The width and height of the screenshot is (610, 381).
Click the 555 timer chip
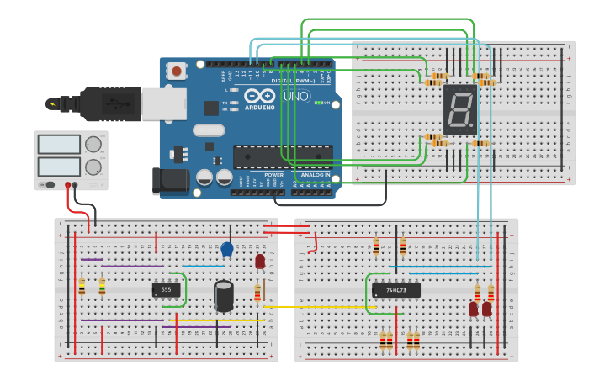pyautogui.click(x=166, y=289)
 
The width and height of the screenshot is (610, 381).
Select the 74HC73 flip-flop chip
pyautogui.click(x=395, y=291)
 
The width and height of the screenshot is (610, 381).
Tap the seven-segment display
pyautogui.click(x=460, y=109)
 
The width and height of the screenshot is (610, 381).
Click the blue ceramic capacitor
pyautogui.click(x=227, y=249)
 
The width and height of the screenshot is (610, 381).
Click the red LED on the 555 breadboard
pyautogui.click(x=260, y=262)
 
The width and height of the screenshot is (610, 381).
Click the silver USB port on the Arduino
pyautogui.click(x=162, y=103)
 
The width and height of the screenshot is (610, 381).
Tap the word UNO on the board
pyautogui.click(x=296, y=97)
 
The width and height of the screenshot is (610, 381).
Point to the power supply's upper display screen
pyautogui.click(x=58, y=144)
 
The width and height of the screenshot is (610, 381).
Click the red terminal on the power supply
pyautogui.click(x=68, y=185)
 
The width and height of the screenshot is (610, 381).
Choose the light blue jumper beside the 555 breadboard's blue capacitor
pyautogui.click(x=204, y=267)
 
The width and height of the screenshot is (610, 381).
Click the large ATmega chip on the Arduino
pyautogui.click(x=282, y=156)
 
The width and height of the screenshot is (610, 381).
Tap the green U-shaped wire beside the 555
pyautogui.click(x=183, y=289)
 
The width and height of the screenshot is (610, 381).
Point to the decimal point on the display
pyautogui.click(x=473, y=130)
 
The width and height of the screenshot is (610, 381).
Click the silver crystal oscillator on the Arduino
pyautogui.click(x=208, y=130)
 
